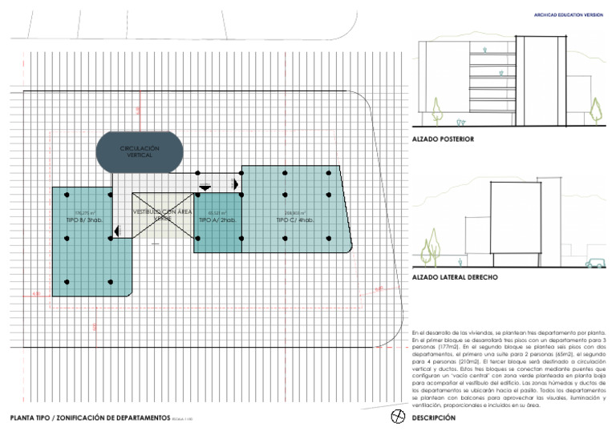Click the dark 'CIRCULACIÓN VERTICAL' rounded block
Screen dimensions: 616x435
[139, 151]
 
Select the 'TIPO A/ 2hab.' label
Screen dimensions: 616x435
[217, 219]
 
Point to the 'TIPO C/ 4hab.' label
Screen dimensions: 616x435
[294, 219]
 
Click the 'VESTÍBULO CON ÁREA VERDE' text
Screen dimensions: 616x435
[163, 214]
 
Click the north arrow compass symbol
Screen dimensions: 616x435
[396, 417]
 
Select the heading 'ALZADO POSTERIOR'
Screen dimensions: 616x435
[442, 139]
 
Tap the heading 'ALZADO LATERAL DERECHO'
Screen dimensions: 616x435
[454, 277]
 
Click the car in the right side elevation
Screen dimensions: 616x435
[594, 262]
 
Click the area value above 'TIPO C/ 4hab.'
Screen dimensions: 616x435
[294, 212]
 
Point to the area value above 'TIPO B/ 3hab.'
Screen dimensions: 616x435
[85, 212]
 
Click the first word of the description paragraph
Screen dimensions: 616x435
[414, 332]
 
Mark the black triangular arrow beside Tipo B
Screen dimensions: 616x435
[118, 232]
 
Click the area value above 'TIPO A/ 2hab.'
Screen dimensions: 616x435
[216, 212]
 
